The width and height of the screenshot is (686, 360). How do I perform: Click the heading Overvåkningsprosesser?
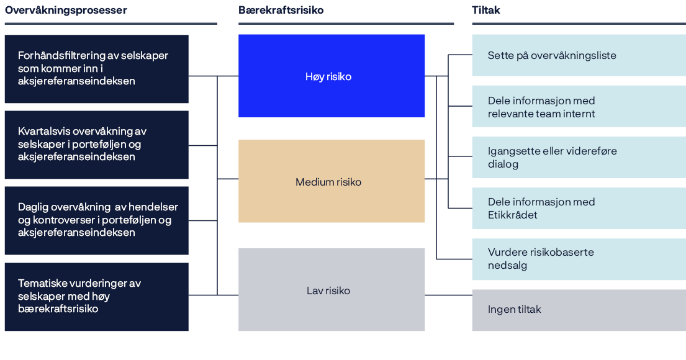66,11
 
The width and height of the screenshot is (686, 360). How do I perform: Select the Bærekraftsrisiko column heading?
281,11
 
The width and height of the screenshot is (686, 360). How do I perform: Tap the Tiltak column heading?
485,11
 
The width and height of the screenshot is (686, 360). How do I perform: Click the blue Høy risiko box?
332,76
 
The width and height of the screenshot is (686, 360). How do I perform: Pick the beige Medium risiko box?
332,181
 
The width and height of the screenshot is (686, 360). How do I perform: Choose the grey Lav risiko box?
332,290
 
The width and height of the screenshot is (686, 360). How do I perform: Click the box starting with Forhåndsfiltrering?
96,68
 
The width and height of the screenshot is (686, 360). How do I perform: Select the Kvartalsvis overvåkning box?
96,144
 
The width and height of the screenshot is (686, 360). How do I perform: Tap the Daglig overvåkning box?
96,220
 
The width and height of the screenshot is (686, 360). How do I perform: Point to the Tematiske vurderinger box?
96,296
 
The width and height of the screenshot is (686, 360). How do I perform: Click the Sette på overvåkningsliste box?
579,55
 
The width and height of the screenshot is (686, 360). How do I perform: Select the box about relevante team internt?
579,107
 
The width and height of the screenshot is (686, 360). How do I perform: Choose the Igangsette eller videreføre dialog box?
579,158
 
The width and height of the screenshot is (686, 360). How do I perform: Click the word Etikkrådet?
513,215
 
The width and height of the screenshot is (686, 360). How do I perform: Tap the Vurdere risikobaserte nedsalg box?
579,259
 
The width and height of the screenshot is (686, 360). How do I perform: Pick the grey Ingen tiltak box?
579,309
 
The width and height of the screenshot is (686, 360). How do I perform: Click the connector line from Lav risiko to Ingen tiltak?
448,295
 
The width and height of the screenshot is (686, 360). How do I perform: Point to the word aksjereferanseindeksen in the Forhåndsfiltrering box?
76,81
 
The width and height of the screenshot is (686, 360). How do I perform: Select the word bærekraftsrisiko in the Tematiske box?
58,309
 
